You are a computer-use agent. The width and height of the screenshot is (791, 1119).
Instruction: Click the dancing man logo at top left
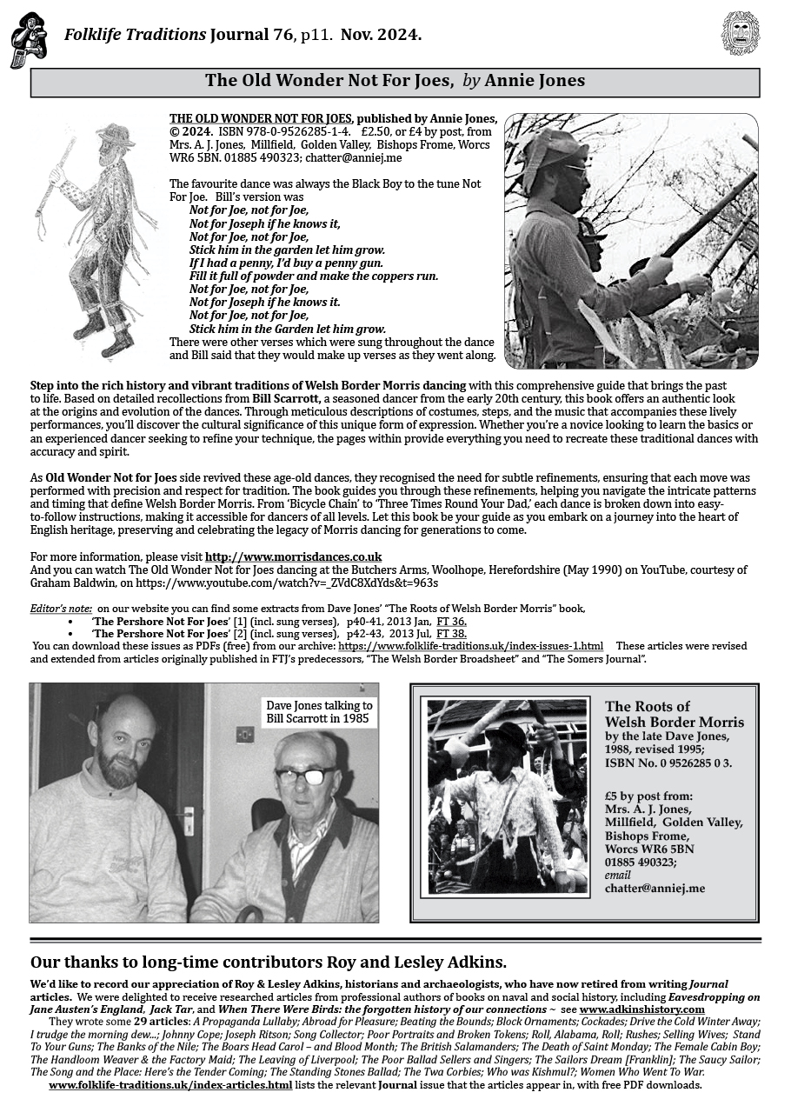28,40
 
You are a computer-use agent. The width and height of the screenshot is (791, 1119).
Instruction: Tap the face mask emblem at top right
741,34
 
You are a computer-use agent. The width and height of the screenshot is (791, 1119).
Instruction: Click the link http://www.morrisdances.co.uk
293,556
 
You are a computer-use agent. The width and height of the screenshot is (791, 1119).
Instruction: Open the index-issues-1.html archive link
470,647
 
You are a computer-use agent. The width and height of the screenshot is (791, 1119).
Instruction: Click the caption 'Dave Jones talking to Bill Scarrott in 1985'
318,712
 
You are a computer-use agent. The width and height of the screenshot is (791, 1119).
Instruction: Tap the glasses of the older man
303,774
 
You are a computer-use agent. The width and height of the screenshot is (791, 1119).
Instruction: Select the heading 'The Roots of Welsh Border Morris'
674,714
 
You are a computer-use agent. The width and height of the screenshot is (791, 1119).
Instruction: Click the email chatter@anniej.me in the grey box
655,889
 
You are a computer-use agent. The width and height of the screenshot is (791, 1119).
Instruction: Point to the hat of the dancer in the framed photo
508,736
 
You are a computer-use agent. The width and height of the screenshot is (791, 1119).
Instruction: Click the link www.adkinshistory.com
641,1009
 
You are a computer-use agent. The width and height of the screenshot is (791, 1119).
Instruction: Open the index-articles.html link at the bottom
170,1085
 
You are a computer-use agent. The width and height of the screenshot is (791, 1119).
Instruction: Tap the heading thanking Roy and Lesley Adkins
269,962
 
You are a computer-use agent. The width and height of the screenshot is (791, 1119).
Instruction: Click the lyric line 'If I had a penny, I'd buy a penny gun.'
286,263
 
